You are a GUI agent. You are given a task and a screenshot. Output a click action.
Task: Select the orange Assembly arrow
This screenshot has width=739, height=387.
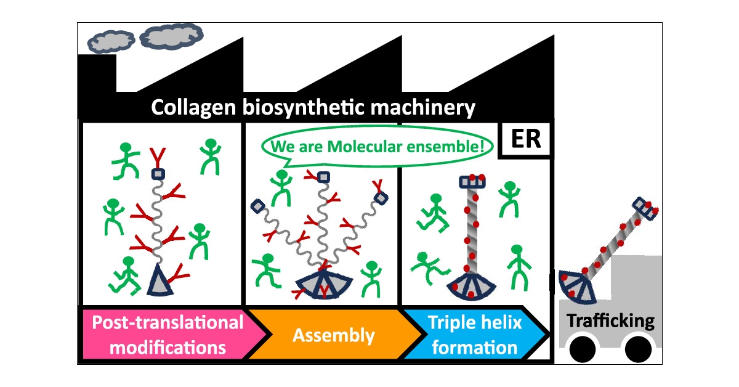[333, 335]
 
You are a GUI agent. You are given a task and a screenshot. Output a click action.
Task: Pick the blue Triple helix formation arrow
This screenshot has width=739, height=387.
[474, 335]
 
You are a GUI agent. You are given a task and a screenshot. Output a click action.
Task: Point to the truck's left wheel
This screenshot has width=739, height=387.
[583, 350]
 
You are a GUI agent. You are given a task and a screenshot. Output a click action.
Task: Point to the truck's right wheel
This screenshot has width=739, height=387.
[637, 350]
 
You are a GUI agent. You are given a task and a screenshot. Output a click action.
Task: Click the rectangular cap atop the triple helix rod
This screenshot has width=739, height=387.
[473, 181]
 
